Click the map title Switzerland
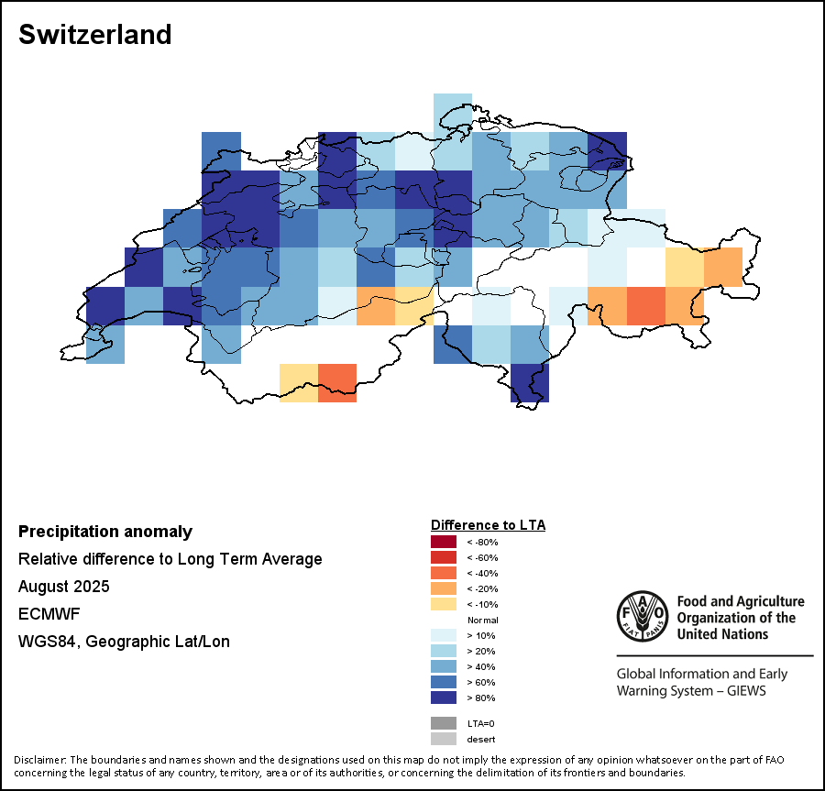[x=95, y=35]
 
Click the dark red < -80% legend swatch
[x=444, y=543]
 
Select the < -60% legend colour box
[x=444, y=558]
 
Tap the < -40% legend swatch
[x=444, y=574]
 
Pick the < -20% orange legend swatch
[x=444, y=589]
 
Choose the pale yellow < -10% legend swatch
[x=444, y=605]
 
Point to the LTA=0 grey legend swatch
[x=444, y=724]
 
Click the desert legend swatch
[x=444, y=740]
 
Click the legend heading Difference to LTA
[x=488, y=525]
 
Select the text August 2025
[x=63, y=587]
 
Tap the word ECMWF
[x=47, y=614]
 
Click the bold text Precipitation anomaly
[x=105, y=532]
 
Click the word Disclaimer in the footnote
[x=39, y=760]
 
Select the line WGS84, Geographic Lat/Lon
[x=124, y=642]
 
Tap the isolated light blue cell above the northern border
[x=452, y=112]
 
